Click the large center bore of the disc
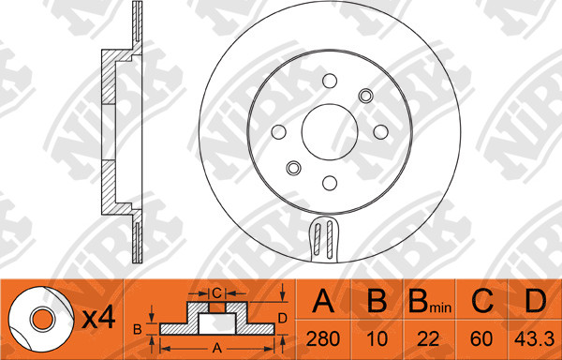pos(330,132)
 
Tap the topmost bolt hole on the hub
pos(330,81)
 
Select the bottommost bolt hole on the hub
pos(330,183)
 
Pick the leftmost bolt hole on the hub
pos(279,132)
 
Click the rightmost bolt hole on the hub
pos(380,132)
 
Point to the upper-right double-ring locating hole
pos(365,96)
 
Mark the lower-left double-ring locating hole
pos(293,168)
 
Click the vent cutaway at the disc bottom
pos(323,238)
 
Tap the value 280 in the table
pos(323,338)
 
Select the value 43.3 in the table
pos(534,338)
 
